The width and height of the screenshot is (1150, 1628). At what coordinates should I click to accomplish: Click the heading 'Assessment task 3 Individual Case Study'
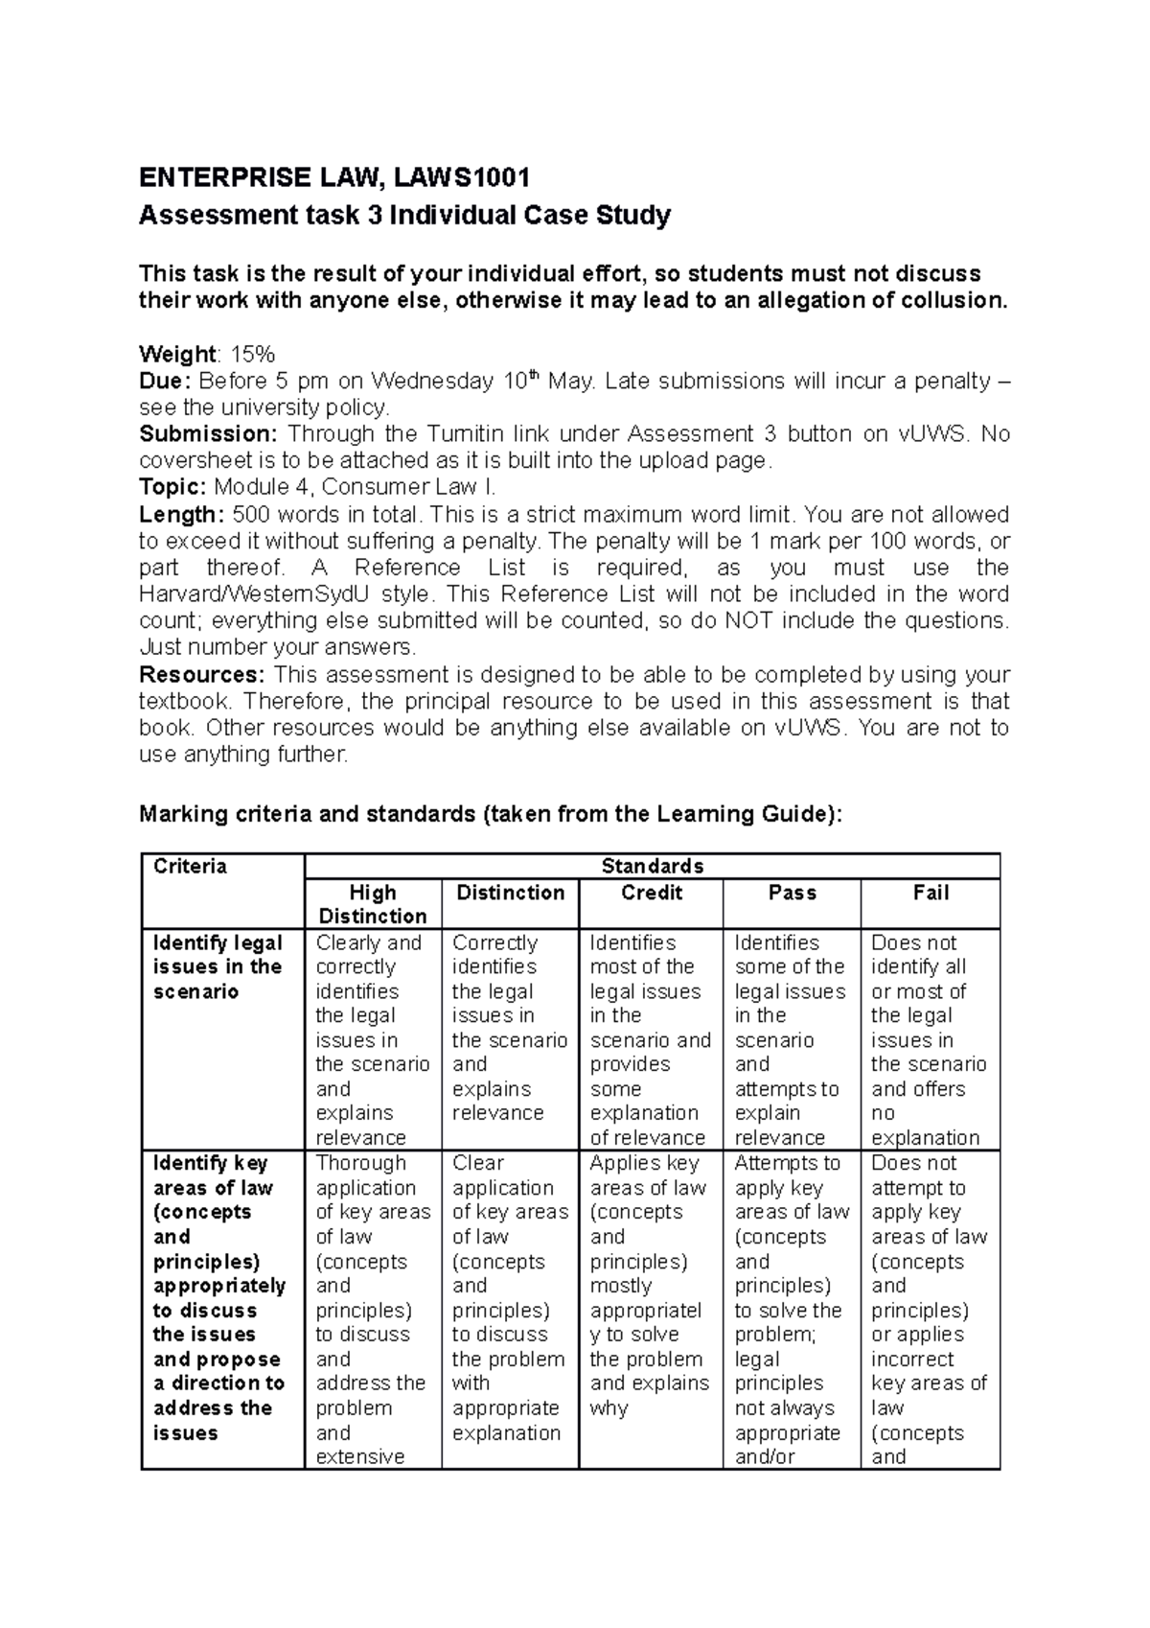404,215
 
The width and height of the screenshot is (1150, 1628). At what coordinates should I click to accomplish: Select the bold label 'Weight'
176,354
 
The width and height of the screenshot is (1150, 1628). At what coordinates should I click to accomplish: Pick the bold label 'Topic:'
172,487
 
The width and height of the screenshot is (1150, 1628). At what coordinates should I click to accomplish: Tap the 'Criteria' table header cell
190,867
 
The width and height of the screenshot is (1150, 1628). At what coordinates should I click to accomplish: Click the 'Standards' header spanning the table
652,867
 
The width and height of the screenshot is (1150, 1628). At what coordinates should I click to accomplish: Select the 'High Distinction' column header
373,904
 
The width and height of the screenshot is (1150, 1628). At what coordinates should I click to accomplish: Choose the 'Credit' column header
652,893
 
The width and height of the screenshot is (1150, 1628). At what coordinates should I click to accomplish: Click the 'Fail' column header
931,893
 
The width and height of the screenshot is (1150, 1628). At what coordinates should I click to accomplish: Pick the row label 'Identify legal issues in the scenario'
218,967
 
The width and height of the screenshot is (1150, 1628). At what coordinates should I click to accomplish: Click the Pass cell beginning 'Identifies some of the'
790,1039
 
